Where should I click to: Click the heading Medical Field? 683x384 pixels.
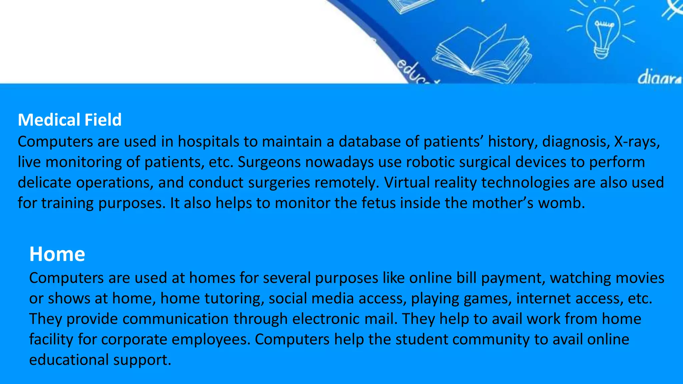(70, 120)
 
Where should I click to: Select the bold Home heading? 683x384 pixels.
(57, 254)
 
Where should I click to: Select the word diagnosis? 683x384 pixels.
(573, 142)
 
